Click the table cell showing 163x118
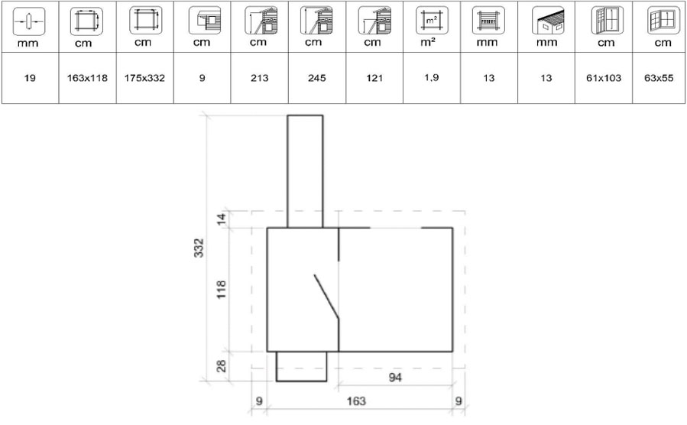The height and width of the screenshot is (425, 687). pos(87,78)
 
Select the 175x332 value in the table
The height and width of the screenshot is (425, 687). pos(144,78)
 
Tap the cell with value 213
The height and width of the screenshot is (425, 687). pos(259,78)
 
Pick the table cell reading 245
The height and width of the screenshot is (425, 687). pos(317,78)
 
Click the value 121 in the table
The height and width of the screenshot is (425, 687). pos(374,78)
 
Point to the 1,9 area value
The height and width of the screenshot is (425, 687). pos(432,77)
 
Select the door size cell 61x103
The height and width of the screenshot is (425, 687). pos(604,78)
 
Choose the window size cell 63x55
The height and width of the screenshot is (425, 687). pos(659,78)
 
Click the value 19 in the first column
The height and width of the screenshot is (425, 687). pos(30,78)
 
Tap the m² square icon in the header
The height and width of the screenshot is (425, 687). pos(432,20)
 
